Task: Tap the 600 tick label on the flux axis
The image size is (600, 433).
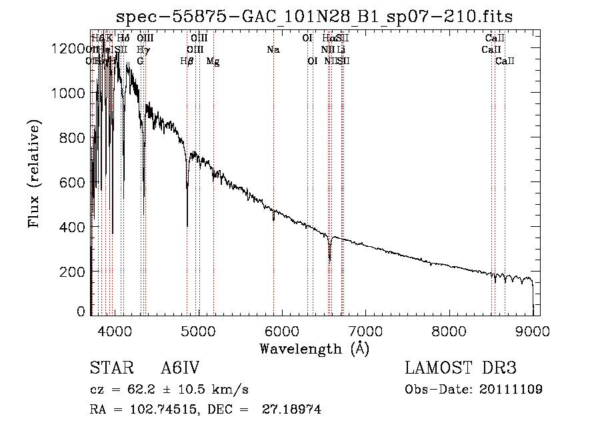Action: [x=72, y=182]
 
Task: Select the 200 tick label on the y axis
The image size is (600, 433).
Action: [x=72, y=272]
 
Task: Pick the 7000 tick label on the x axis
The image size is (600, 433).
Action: [x=365, y=330]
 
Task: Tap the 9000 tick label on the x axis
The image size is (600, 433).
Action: [x=533, y=330]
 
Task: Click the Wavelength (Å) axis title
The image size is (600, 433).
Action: [x=314, y=348]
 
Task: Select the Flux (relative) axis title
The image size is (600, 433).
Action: [x=34, y=173]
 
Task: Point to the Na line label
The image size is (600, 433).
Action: [x=273, y=49]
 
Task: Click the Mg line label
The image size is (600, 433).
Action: [x=213, y=61]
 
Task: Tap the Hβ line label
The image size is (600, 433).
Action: [x=187, y=61]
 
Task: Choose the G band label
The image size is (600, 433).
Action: [x=140, y=61]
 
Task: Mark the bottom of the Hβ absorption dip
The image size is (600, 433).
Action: [x=187, y=226]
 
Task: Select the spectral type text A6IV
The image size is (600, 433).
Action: [x=180, y=369]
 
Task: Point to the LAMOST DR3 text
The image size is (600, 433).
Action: [x=461, y=369]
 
